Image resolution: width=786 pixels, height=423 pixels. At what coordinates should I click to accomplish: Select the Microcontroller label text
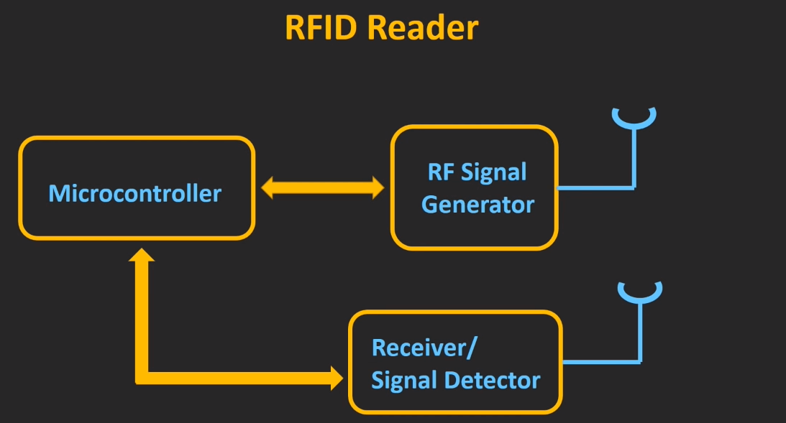click(x=135, y=193)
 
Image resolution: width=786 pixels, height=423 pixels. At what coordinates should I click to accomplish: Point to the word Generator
click(x=477, y=205)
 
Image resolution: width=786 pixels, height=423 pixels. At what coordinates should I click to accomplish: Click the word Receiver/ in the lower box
click(x=424, y=348)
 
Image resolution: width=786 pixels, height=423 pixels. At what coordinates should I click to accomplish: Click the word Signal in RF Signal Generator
click(x=494, y=172)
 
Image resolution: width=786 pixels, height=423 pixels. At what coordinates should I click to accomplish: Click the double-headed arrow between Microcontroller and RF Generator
click(x=321, y=189)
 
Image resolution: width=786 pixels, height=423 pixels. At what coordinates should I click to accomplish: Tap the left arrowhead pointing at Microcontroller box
click(x=269, y=189)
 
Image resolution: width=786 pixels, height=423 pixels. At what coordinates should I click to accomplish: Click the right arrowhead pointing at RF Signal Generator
click(x=375, y=189)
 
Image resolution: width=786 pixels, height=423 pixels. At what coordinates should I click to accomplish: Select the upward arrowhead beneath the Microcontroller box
click(x=142, y=256)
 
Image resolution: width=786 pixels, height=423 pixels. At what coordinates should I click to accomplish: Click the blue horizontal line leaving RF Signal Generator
click(x=595, y=188)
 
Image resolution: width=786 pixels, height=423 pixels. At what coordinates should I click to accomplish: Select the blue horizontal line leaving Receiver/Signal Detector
click(x=600, y=361)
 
